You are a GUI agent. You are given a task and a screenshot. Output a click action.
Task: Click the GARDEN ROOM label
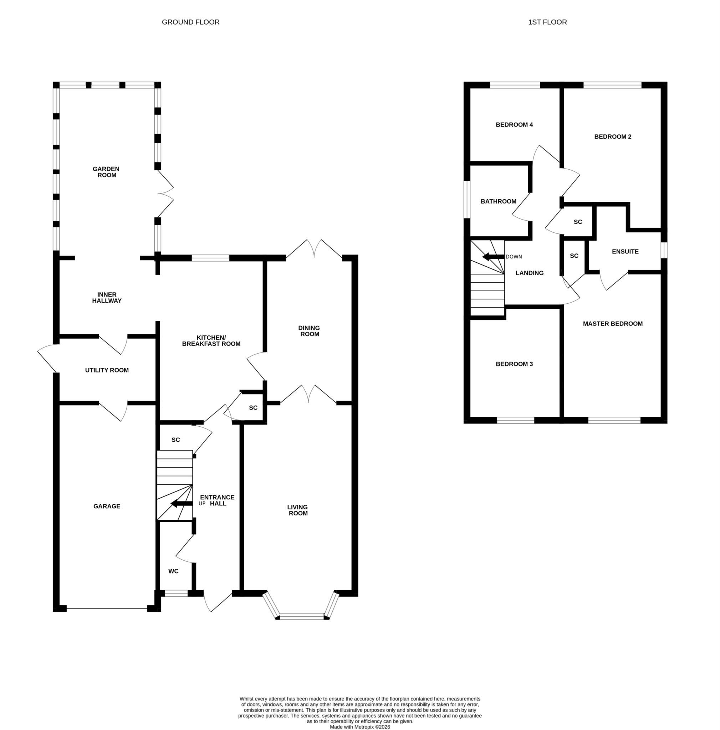[106, 172]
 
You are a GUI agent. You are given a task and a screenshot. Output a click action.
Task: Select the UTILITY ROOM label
[107, 370]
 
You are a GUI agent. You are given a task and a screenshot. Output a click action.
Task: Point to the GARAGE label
[107, 506]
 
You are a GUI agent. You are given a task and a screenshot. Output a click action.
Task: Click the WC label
[173, 571]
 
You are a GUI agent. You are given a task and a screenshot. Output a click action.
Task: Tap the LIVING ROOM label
[298, 510]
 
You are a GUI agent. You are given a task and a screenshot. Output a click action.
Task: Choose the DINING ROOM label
[309, 331]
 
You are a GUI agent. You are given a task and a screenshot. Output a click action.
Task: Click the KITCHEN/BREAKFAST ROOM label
[211, 341]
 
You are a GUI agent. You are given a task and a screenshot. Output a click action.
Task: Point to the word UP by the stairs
[202, 504]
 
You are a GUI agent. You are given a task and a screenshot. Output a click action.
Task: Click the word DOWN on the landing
[514, 257]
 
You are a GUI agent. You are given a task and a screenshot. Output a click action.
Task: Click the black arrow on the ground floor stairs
[182, 504]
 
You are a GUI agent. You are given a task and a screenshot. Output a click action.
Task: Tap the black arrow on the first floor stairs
[494, 257]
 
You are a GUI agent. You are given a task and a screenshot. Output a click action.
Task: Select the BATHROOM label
[499, 201]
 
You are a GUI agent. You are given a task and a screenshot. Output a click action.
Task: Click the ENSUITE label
[625, 252]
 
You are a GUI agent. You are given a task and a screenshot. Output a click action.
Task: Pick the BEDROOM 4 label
[514, 125]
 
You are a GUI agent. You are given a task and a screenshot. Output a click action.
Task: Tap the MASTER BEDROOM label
[613, 324]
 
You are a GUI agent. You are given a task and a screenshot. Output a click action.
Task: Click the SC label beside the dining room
[253, 408]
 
